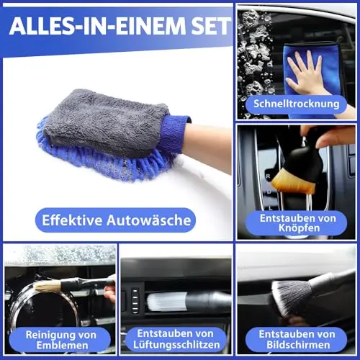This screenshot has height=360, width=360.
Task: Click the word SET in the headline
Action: coord(211,26)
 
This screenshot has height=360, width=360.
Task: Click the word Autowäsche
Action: coord(149,220)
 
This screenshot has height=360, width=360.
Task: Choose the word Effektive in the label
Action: coord(72,220)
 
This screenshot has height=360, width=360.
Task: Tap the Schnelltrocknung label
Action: coord(297,104)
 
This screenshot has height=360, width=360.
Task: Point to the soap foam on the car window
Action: coord(254,60)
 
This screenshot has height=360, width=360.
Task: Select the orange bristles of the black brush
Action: coord(294,181)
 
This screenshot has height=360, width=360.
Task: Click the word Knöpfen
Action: coord(300,228)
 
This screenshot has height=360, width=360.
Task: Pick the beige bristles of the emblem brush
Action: coord(48,286)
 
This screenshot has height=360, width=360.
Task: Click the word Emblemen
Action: coord(62,346)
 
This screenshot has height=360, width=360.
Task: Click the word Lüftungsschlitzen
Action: coord(176,345)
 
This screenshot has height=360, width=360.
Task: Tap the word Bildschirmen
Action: coord(298,345)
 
